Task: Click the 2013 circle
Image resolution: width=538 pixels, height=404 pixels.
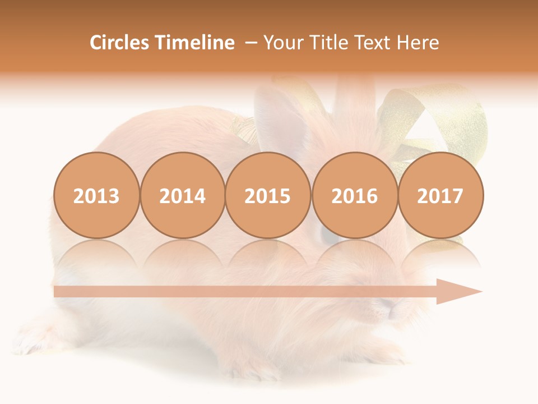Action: click(96, 195)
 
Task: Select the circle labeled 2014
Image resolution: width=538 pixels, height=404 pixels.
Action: click(182, 195)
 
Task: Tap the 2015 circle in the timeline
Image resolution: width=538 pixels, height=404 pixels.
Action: click(268, 195)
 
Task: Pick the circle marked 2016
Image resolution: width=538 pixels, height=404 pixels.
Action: click(354, 195)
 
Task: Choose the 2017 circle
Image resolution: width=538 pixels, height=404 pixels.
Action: click(440, 195)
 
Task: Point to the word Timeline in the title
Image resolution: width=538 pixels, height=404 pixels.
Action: click(196, 43)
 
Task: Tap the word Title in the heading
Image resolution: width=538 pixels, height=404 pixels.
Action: click(327, 43)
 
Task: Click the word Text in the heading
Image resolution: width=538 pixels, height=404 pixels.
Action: click(374, 43)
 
